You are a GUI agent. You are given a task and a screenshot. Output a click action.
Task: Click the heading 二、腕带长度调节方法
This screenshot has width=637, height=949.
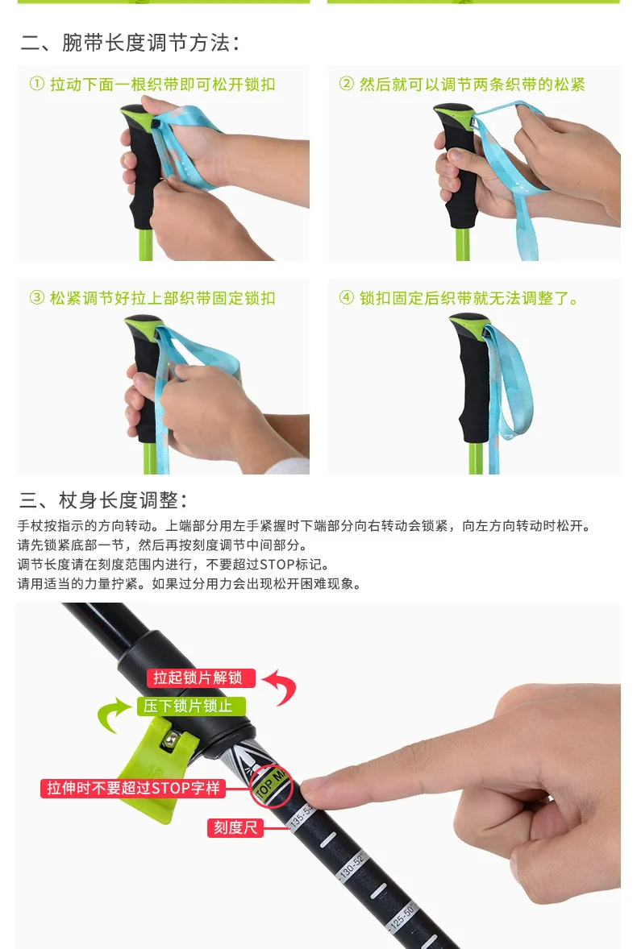[130, 43]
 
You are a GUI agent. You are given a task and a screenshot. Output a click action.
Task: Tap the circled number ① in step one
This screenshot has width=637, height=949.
[37, 84]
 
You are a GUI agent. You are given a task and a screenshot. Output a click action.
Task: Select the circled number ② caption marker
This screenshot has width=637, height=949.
[347, 84]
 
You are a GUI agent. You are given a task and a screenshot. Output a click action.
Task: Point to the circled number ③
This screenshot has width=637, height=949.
[37, 297]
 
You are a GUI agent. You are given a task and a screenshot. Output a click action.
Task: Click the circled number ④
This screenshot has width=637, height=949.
[347, 297]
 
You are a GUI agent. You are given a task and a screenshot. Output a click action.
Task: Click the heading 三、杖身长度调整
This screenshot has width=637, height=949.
[103, 500]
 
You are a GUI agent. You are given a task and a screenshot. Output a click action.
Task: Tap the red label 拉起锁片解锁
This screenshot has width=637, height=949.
[201, 678]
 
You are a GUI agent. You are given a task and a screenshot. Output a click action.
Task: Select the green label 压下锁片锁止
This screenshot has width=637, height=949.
[191, 707]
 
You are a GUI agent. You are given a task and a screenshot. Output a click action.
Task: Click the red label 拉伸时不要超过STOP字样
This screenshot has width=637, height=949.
[133, 788]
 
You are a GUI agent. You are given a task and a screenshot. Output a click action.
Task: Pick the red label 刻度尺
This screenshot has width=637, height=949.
[235, 827]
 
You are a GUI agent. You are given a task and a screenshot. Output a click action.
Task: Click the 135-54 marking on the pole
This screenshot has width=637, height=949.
[302, 816]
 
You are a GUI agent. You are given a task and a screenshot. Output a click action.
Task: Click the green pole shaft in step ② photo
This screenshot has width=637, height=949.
[463, 243]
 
